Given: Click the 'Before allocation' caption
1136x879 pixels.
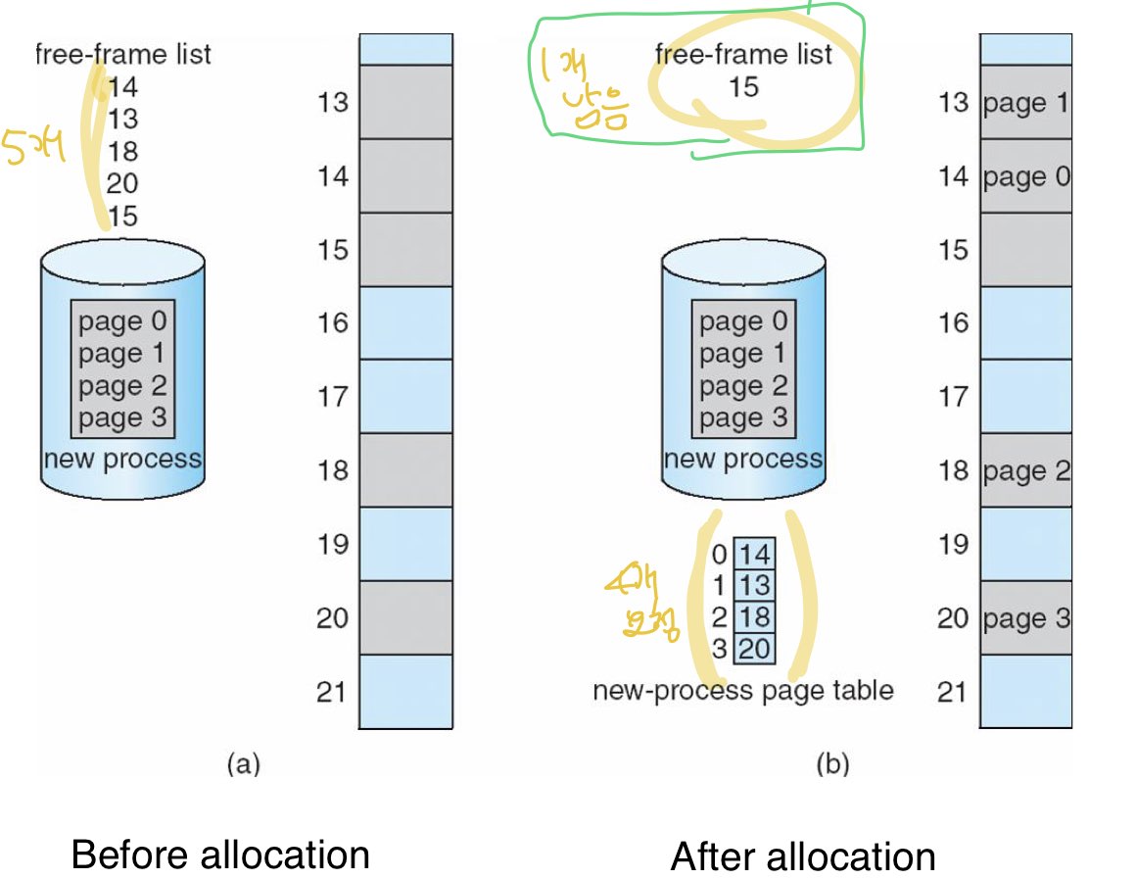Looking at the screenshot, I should [x=220, y=855].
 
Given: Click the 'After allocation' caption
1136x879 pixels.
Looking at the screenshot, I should [x=803, y=856].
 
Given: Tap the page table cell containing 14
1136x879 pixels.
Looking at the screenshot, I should [x=753, y=555].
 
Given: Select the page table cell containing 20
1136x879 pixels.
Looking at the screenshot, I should [x=753, y=649].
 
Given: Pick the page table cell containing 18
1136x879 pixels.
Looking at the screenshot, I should [x=753, y=617].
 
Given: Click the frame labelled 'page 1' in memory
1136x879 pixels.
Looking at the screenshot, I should [x=1025, y=102].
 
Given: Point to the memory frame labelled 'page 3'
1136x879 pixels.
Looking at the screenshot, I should [x=1025, y=618].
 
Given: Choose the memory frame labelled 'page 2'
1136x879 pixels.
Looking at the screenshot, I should [x=1025, y=470].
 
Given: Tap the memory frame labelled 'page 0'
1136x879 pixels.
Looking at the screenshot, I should [x=1025, y=176].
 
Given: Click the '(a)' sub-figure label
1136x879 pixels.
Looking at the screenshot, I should [x=243, y=763].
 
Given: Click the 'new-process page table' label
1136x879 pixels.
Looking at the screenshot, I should [x=743, y=691].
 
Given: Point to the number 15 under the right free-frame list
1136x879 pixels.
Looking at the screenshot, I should [x=743, y=86].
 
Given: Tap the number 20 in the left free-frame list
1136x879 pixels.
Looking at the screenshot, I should [x=122, y=183].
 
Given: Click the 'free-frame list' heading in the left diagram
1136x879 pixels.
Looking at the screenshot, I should [x=122, y=53].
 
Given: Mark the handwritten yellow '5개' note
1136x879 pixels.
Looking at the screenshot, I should [x=33, y=148].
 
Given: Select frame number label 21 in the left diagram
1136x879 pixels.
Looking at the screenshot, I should [x=332, y=692].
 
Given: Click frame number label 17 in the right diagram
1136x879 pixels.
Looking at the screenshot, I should [x=953, y=397].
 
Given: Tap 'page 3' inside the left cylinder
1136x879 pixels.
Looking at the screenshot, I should [x=122, y=418].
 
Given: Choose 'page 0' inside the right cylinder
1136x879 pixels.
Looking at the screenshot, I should [x=743, y=321].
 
